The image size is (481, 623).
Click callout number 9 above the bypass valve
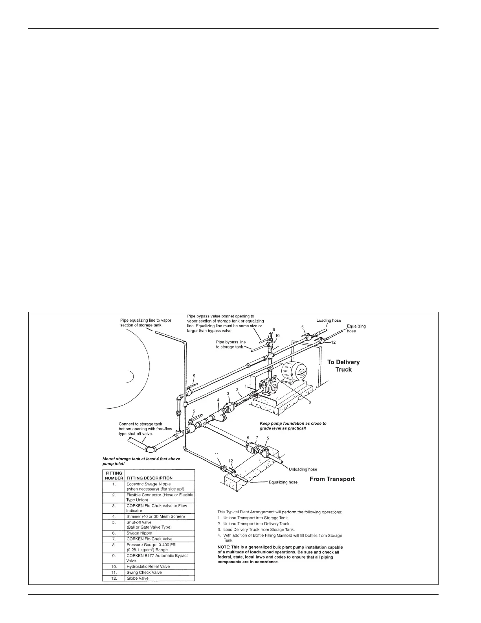(x=274, y=329)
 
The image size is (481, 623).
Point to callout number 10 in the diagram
(x=277, y=336)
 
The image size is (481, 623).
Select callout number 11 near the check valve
(x=217, y=454)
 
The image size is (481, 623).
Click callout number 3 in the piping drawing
(x=228, y=394)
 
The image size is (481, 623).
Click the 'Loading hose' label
(x=329, y=321)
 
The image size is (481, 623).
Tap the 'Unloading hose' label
(x=303, y=469)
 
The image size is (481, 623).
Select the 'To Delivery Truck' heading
(x=343, y=366)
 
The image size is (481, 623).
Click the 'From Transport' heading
(x=332, y=479)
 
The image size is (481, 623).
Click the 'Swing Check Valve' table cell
(x=144, y=573)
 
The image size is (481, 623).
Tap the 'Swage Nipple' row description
(x=139, y=533)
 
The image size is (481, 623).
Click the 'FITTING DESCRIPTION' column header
(x=149, y=478)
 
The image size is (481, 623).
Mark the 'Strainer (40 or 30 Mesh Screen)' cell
(x=156, y=516)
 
